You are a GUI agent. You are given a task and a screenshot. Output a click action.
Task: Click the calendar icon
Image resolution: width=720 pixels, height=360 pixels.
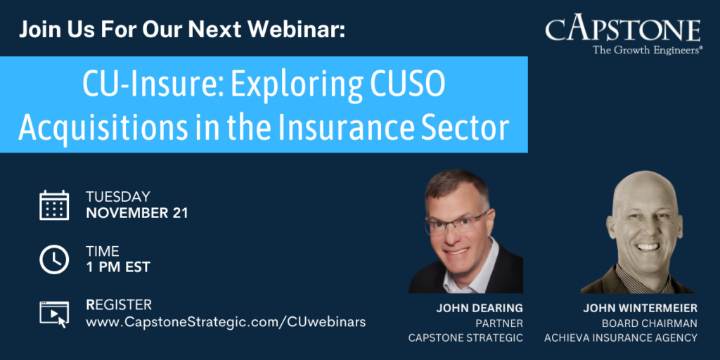point(54,205)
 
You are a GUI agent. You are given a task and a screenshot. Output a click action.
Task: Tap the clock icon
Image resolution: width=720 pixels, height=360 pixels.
point(54,259)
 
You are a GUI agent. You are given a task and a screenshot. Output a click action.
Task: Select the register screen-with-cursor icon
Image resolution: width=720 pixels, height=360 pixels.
point(54,314)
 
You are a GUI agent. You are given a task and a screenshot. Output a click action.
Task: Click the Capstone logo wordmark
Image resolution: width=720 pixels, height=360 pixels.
point(623,30)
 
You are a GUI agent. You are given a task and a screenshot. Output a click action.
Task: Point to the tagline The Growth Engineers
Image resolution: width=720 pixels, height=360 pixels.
point(648,50)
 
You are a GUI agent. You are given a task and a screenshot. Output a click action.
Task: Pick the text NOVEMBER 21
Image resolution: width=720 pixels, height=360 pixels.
point(137,213)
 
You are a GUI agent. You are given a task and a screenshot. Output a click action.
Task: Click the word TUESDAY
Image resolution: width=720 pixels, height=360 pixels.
point(118,197)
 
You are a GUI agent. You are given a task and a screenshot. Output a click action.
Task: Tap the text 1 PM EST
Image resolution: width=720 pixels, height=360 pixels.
point(118,267)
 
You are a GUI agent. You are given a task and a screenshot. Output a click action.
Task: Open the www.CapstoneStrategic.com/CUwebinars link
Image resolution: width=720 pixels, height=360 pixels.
point(226,322)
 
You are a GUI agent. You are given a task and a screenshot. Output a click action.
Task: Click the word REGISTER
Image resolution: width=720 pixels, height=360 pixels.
point(118,304)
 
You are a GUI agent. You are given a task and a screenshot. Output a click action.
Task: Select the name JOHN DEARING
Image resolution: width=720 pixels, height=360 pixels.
point(480,309)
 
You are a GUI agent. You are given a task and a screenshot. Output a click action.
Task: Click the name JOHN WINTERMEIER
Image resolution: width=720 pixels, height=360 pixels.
point(640,309)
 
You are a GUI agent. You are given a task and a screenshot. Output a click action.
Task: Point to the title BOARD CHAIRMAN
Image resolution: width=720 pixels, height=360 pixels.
point(649,323)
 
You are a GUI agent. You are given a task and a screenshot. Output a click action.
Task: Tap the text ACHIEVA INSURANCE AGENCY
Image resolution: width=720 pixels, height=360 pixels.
point(621,338)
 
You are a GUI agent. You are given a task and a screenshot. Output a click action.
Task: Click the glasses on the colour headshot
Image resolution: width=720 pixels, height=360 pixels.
point(456,224)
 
